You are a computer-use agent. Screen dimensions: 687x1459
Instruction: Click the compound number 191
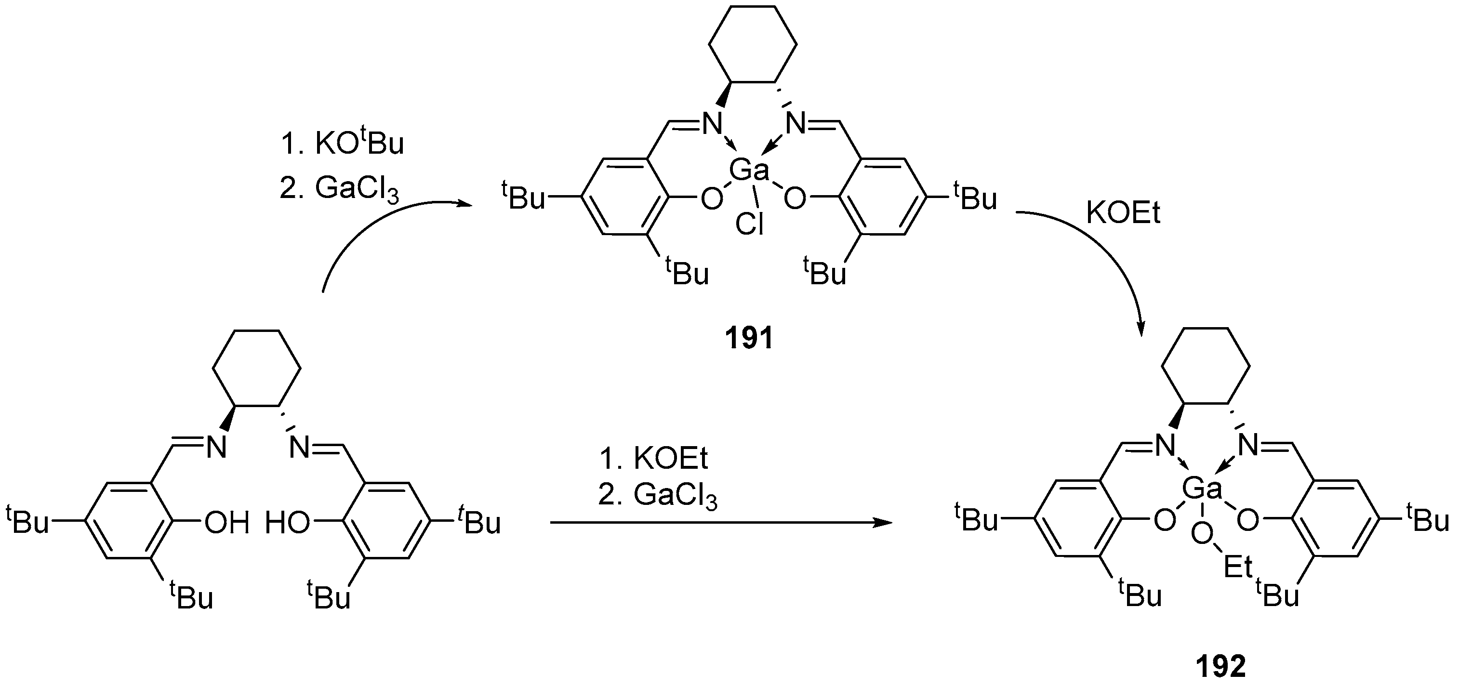[749, 339]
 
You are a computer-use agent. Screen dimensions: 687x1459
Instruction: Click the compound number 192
[1221, 667]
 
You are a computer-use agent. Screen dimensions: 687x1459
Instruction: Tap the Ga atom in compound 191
[749, 170]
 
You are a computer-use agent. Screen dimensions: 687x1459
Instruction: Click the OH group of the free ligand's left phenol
[226, 523]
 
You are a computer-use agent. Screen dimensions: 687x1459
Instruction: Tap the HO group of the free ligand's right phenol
[288, 523]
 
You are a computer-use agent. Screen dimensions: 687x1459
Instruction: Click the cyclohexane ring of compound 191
[753, 45]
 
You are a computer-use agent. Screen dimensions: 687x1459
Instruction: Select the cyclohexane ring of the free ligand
[256, 368]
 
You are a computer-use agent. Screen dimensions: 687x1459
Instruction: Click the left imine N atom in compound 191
[713, 123]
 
